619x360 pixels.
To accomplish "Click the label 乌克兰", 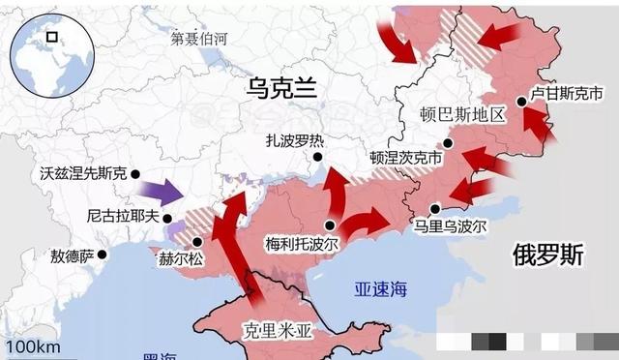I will click(x=282, y=89).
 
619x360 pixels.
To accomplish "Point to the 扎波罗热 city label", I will click(x=294, y=140).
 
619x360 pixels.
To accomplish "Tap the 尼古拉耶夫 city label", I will click(x=120, y=217).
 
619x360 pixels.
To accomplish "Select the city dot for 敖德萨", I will click(x=103, y=255).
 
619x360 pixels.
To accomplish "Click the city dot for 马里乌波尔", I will click(x=436, y=207).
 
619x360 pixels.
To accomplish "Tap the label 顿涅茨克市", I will click(x=405, y=157).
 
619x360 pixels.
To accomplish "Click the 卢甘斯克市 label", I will click(x=568, y=95).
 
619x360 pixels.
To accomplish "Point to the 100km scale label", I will click(x=33, y=346).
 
